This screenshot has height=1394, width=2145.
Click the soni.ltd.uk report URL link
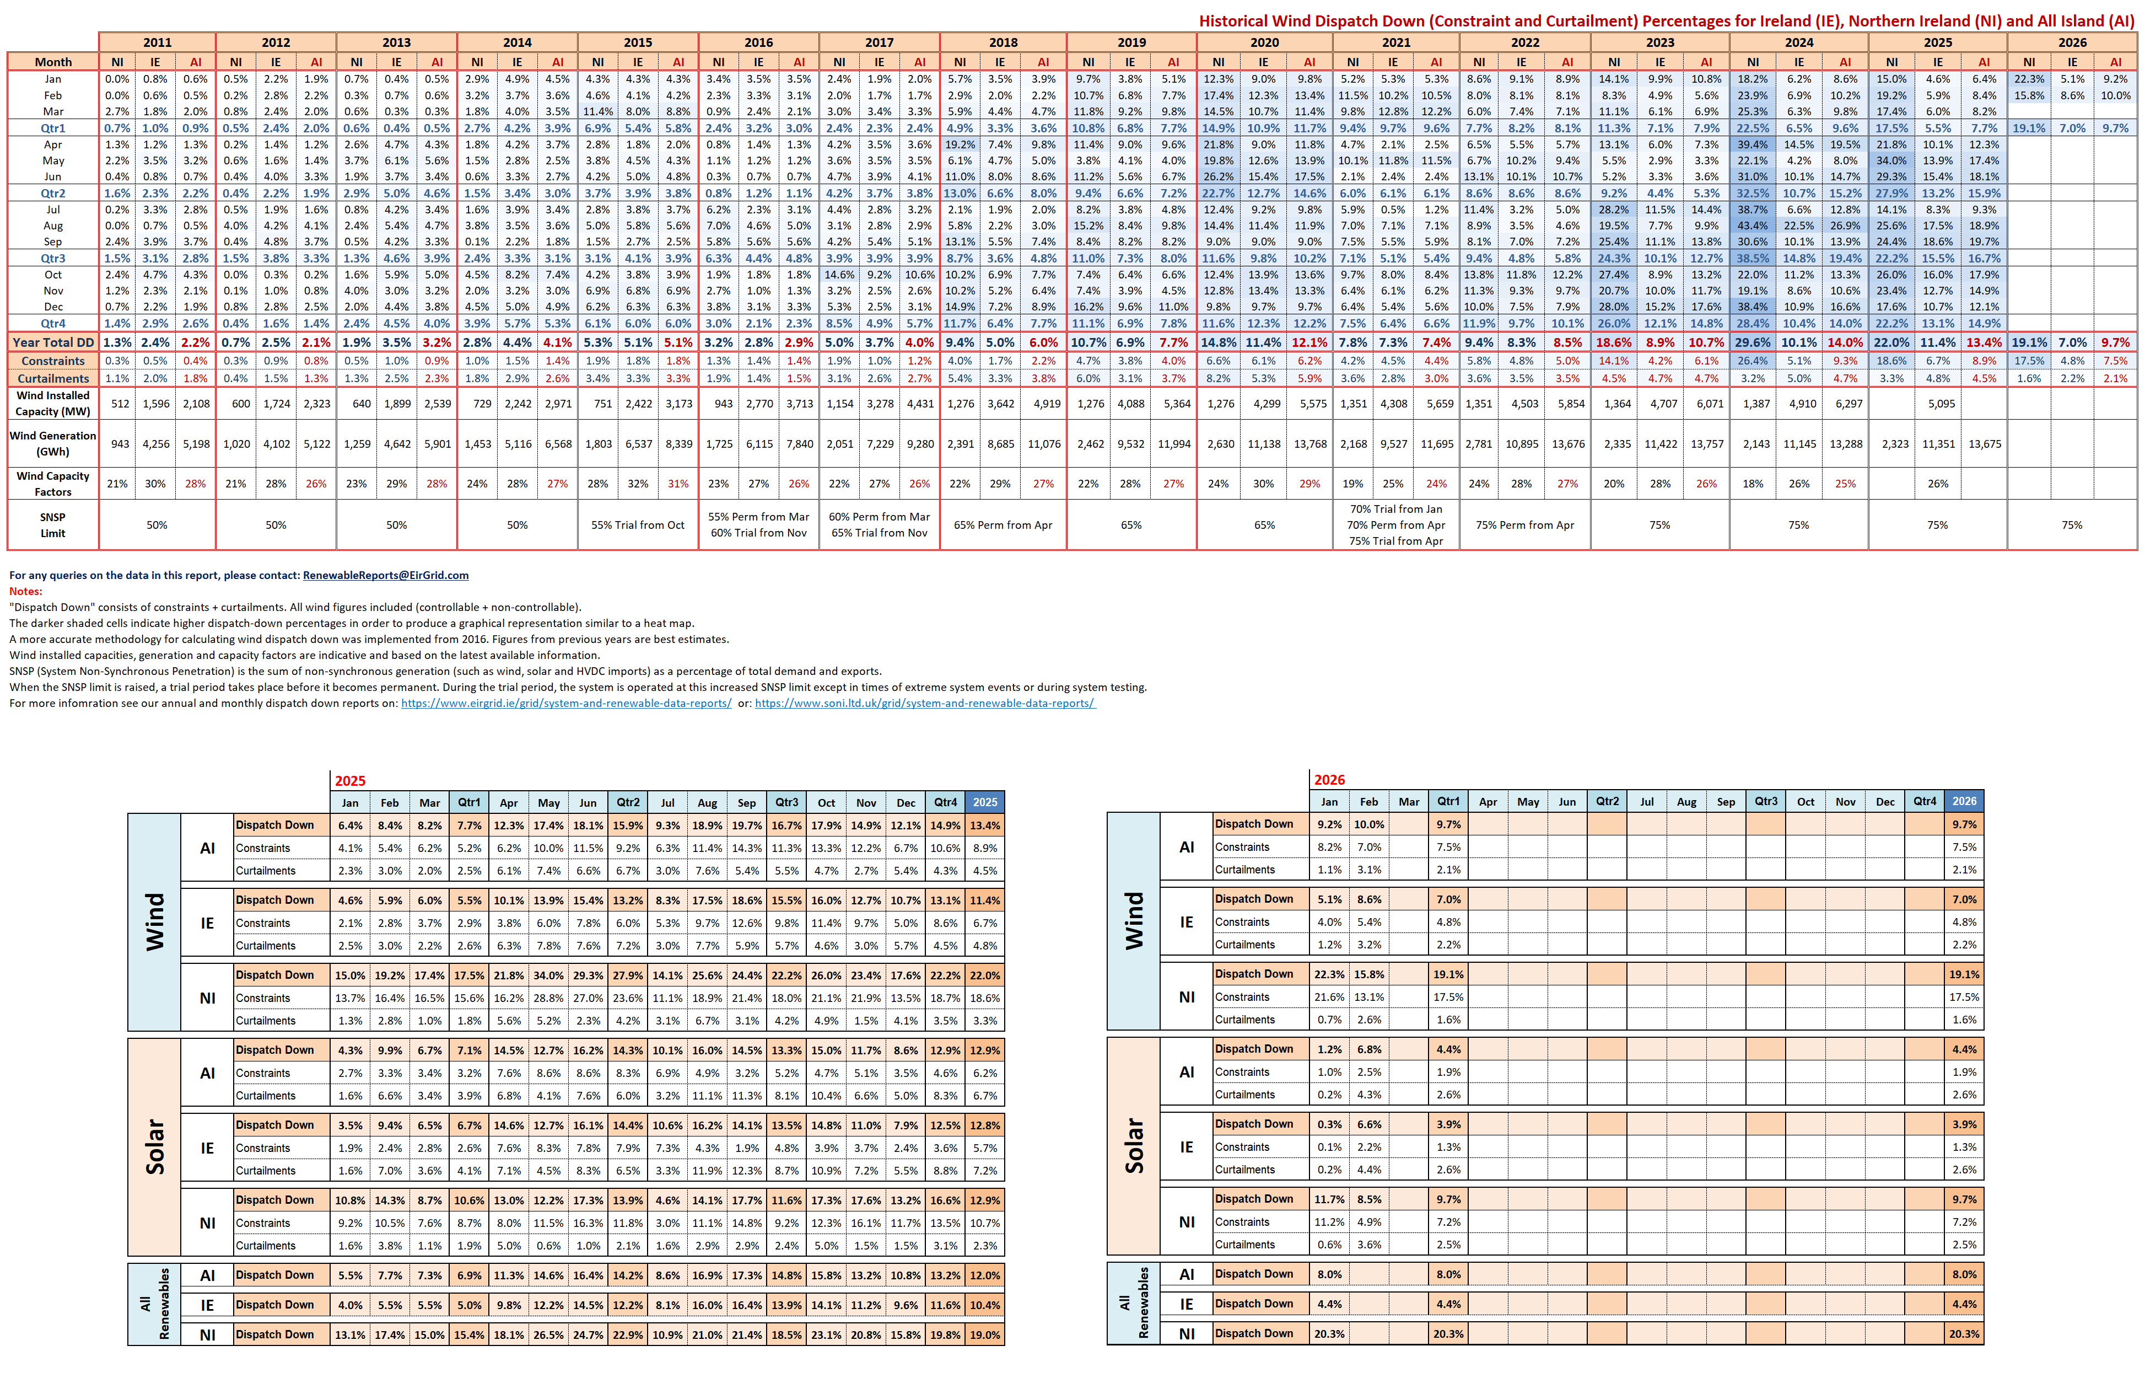pos(925,703)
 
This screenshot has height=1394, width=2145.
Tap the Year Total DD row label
pos(53,342)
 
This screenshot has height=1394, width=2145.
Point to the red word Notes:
pos(25,592)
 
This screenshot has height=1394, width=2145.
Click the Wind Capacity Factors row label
pos(53,483)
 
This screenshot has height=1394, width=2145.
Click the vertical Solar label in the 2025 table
pos(155,1147)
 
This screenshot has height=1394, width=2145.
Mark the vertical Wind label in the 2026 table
pos(1134,921)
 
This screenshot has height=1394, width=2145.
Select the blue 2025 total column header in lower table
pos(984,802)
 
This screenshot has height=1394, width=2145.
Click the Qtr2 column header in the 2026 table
pos(1607,802)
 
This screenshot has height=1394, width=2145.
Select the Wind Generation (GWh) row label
pos(53,444)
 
